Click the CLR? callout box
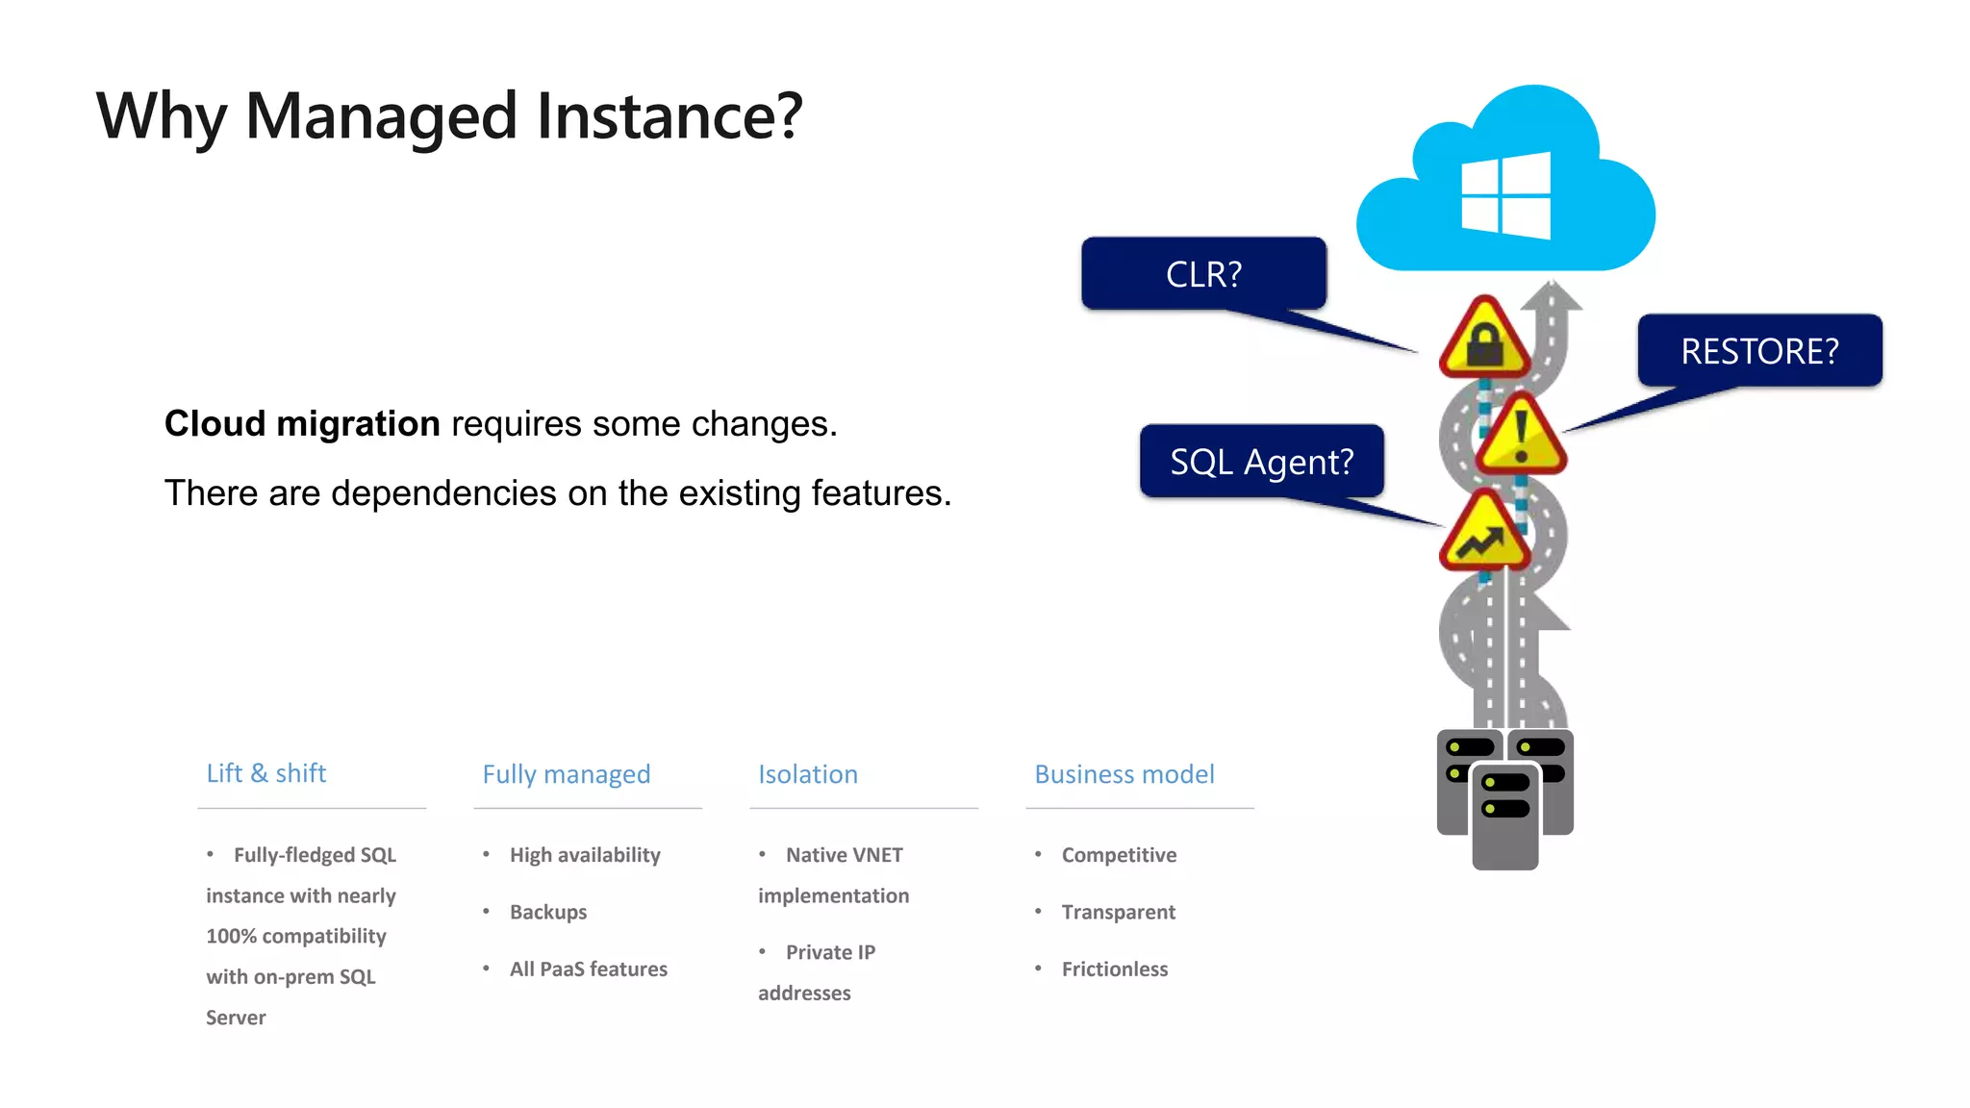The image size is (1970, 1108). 1203,274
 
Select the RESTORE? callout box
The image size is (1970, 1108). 1759,351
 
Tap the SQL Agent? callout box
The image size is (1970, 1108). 1261,462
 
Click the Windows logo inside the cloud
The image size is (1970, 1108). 1505,196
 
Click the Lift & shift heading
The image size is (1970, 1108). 266,773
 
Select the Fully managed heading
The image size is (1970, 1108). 567,774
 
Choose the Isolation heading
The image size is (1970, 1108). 808,774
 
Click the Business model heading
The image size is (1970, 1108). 1124,774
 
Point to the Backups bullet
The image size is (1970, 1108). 548,912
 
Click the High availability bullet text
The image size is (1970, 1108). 585,855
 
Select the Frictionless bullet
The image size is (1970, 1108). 1115,969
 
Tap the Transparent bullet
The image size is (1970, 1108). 1119,912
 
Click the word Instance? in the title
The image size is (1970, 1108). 669,116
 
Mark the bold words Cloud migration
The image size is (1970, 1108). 302,424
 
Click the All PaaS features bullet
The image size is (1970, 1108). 589,969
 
